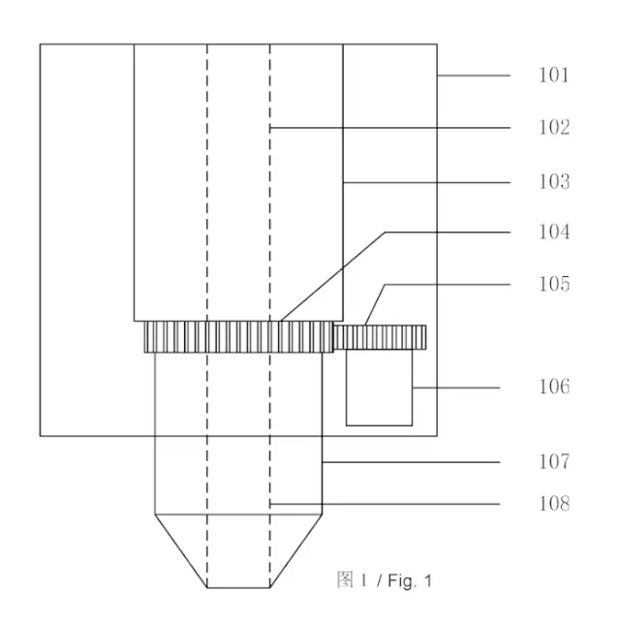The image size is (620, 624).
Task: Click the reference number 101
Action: (x=554, y=76)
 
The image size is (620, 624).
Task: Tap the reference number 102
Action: (x=554, y=127)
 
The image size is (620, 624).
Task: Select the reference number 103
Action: (x=554, y=182)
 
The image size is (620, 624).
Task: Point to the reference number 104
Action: (x=554, y=232)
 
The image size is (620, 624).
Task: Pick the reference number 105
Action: (x=554, y=284)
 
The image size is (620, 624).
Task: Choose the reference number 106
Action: (x=554, y=387)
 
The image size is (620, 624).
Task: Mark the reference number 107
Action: (x=554, y=461)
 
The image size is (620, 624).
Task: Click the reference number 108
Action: (x=554, y=504)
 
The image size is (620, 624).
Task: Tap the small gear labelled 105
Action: (x=380, y=337)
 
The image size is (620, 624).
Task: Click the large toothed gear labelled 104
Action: (x=238, y=337)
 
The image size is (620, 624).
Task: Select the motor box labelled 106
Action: (x=379, y=388)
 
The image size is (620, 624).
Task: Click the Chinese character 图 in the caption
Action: (x=345, y=579)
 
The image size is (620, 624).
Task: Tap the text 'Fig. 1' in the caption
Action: (x=410, y=581)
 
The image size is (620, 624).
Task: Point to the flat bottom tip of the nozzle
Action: (x=238, y=587)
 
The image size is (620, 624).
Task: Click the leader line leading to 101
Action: (x=474, y=76)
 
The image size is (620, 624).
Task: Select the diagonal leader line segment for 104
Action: (x=332, y=276)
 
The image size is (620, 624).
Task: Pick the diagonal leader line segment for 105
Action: (x=375, y=305)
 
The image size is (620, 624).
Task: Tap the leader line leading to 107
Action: (x=411, y=462)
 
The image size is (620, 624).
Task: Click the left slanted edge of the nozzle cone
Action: (x=180, y=550)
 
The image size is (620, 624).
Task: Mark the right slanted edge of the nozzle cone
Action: (x=296, y=550)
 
